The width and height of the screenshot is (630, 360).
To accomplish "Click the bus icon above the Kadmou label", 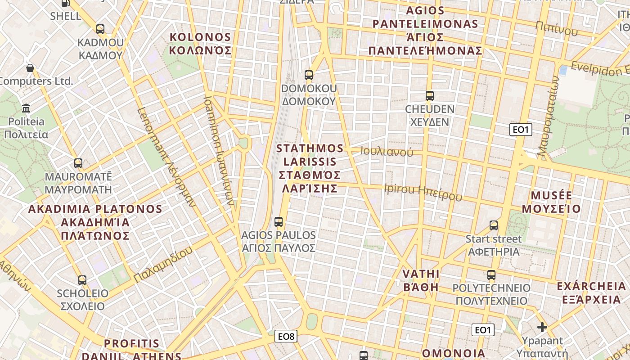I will point(100,29).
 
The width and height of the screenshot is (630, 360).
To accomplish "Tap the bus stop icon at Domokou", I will point(309,75).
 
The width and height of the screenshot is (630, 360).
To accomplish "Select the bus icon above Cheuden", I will point(430,96).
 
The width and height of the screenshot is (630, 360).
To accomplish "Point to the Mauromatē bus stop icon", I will point(78,163).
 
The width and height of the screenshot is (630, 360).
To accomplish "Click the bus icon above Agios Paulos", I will point(279,221).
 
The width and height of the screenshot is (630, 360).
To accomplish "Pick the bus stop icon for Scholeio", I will point(82,280).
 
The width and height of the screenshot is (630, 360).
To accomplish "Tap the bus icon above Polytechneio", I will point(491,274).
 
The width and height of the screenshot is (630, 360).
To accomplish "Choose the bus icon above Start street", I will point(494,225).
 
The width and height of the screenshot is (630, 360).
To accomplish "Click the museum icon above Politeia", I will point(26,108).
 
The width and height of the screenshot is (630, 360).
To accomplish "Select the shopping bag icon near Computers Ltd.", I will point(30,68).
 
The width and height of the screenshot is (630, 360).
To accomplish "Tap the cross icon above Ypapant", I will point(542,327).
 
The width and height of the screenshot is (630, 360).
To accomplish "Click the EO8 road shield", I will point(286,336).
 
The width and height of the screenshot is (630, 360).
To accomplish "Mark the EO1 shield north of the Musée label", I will point(521,130).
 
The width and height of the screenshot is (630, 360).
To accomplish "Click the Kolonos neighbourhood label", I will point(200,44).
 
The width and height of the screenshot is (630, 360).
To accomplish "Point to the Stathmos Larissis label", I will point(309,168).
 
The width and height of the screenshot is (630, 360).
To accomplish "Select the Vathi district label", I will point(421,280).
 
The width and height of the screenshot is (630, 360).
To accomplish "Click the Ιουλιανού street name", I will point(387,152).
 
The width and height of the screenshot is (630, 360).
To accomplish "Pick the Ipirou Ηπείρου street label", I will point(423,193).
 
